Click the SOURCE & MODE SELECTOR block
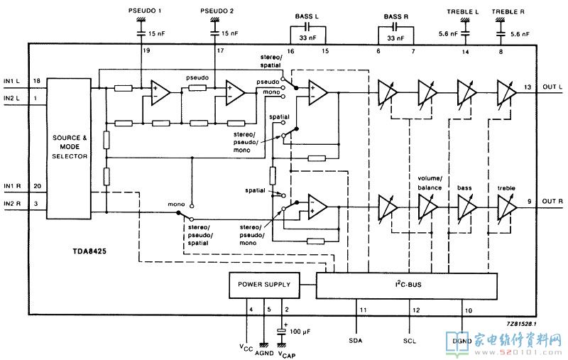tap(69, 148)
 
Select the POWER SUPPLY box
tap(264, 285)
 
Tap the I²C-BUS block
tap(406, 285)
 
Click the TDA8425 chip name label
tap(89, 251)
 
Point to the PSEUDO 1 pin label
tap(145, 11)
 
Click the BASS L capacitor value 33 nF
tap(307, 38)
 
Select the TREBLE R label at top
tap(508, 11)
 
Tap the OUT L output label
tap(552, 87)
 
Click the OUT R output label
tap(552, 201)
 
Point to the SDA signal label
tap(356, 340)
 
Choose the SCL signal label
tap(410, 341)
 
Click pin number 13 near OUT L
tap(528, 87)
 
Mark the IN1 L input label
tap(11, 81)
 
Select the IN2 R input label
tap(12, 204)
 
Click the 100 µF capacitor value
tap(300, 332)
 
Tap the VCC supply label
tap(246, 348)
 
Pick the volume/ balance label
tap(430, 183)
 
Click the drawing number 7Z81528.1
tap(521, 324)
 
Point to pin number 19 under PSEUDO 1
tap(146, 50)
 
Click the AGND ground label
tap(264, 353)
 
